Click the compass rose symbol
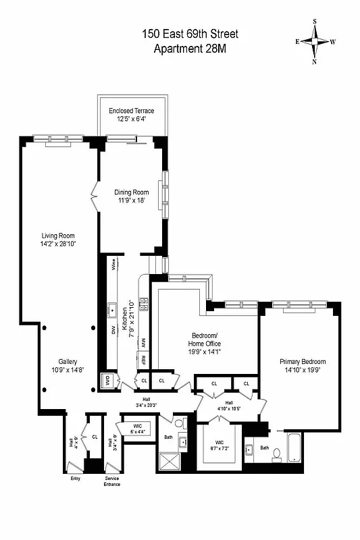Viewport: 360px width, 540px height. pyautogui.click(x=314, y=41)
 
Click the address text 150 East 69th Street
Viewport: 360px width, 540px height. pyautogui.click(x=189, y=34)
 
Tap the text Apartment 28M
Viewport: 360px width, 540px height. pyautogui.click(x=189, y=49)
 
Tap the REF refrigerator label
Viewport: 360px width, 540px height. pyautogui.click(x=143, y=361)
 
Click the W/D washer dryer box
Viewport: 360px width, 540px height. pyautogui.click(x=106, y=381)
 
